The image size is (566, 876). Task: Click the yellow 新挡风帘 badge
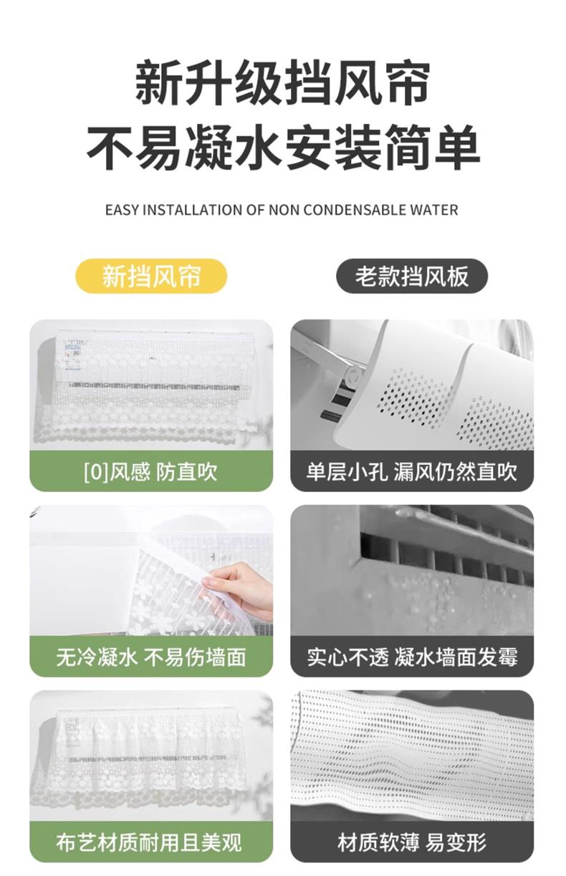(x=151, y=276)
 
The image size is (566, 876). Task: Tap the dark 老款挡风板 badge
(x=412, y=276)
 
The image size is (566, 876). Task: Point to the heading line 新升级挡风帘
(x=282, y=82)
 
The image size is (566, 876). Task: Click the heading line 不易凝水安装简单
(x=283, y=147)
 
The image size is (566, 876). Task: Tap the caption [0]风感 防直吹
(x=150, y=471)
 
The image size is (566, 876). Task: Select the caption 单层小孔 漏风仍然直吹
(x=412, y=471)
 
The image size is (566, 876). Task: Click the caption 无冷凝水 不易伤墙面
(x=151, y=657)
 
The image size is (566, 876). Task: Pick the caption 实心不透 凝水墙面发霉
(x=412, y=657)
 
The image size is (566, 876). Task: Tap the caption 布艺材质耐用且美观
(x=149, y=842)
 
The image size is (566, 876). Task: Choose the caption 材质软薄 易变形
(x=412, y=842)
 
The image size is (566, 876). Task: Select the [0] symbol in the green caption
(x=96, y=472)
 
